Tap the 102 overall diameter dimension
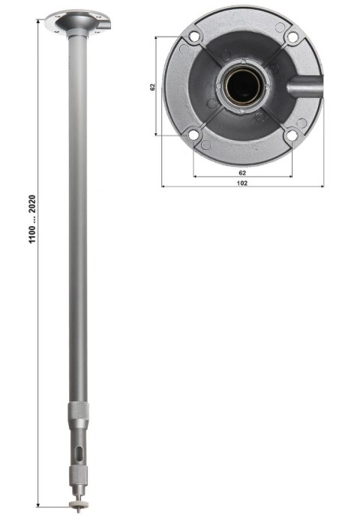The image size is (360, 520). (241, 182)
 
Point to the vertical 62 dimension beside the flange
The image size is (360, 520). (152, 87)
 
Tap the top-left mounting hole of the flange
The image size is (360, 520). (193, 36)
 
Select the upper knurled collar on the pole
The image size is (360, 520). (78, 411)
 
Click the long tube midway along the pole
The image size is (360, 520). (77, 225)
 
